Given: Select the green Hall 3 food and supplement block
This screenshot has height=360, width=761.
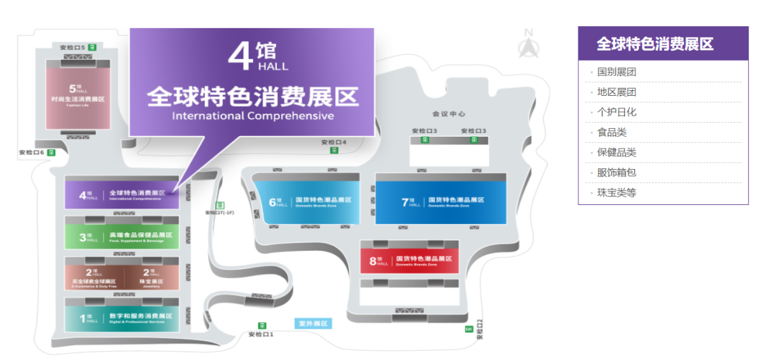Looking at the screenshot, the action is [x=122, y=236].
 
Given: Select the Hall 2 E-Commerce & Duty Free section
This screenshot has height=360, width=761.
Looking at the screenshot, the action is [x=94, y=275].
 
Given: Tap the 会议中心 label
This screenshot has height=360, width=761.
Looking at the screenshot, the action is [x=449, y=113].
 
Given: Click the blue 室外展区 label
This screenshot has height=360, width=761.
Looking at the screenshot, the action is [x=313, y=324].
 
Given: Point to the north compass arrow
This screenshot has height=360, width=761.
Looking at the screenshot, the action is [x=528, y=44].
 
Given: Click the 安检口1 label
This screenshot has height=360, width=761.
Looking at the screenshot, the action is [x=261, y=335].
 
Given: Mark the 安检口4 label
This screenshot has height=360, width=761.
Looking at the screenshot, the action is [x=334, y=142].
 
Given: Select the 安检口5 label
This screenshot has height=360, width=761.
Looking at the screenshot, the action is [x=73, y=47].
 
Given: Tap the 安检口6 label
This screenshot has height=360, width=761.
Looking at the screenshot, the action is [x=32, y=152].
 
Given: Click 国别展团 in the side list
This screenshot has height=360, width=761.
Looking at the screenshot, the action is [x=617, y=72].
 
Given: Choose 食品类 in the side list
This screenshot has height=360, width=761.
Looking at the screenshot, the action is [x=612, y=132].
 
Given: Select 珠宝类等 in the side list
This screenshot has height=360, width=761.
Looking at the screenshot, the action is [x=617, y=192].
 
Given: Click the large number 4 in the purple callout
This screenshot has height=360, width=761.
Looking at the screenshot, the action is [x=241, y=56].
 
